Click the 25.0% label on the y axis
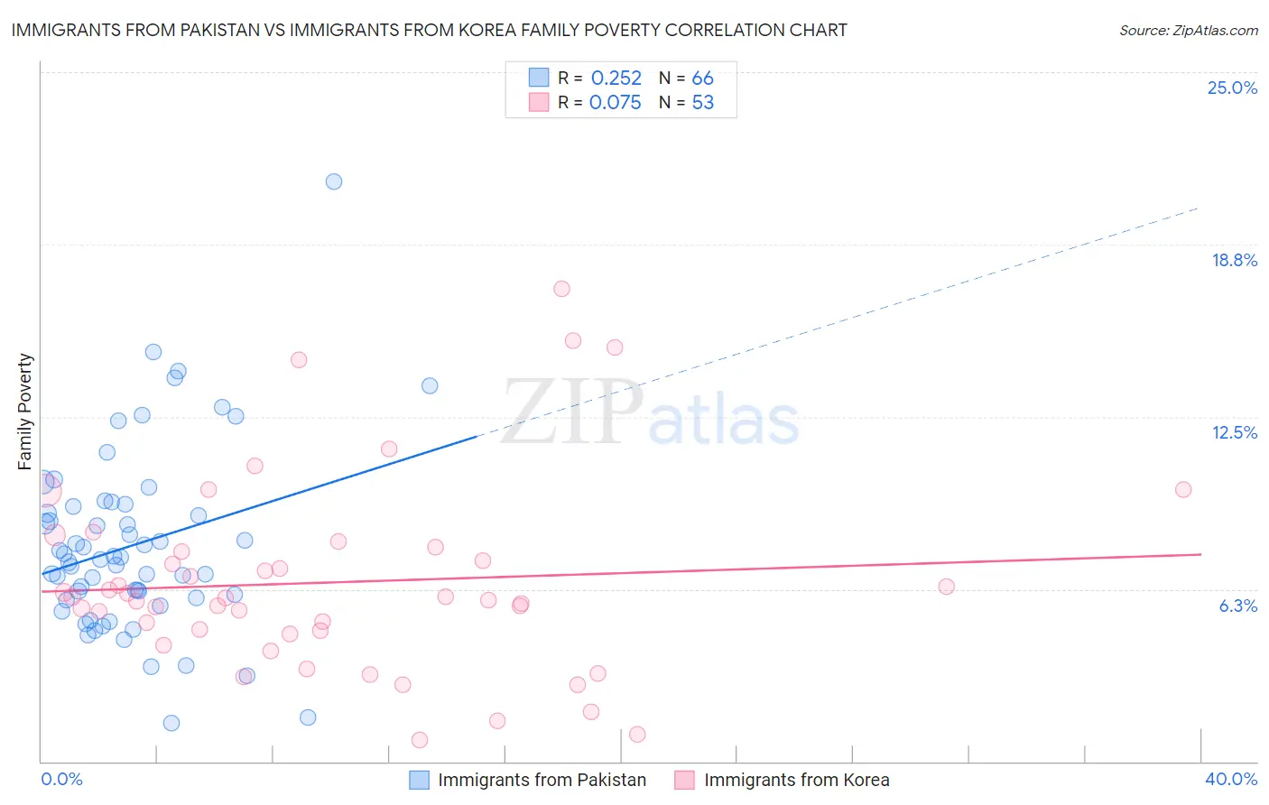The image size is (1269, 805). point(1232,88)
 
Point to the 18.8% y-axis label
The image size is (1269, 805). point(1234,260)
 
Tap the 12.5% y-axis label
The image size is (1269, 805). point(1234,432)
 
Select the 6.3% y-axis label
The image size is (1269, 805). point(1237,606)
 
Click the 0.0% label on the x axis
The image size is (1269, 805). point(61,779)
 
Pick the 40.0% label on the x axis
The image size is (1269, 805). point(1230,779)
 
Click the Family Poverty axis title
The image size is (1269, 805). point(25,412)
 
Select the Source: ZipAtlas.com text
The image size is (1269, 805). point(1188,31)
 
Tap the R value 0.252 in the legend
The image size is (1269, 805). point(616,79)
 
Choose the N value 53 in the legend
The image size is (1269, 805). point(702,103)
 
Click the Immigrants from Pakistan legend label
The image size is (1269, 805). point(542,780)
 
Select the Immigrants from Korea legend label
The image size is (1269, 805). point(796,780)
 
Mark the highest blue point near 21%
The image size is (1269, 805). point(334,181)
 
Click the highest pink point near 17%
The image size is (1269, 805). point(561,289)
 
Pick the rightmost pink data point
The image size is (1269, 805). point(1183,489)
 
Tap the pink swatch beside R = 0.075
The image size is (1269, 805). point(539,102)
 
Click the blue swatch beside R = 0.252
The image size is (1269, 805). point(539,78)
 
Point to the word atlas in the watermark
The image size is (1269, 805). point(724,420)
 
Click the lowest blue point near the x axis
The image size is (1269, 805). point(171,723)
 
